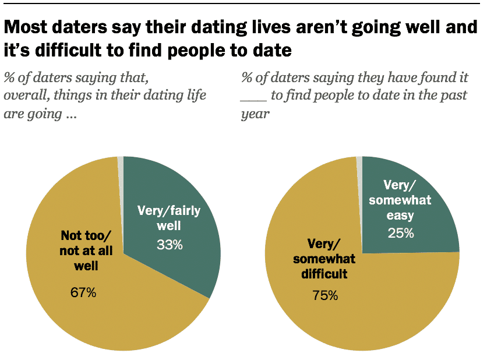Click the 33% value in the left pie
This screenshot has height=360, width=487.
170,245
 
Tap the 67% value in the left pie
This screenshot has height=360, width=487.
83,292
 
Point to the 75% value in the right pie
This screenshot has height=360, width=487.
324,295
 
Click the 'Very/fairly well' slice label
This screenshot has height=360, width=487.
168,218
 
